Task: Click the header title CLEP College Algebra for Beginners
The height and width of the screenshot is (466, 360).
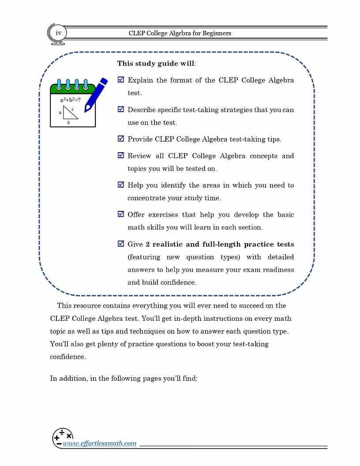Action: coord(180,33)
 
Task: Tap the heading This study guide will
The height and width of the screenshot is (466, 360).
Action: coord(156,64)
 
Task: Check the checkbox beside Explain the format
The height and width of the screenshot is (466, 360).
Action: coord(121,80)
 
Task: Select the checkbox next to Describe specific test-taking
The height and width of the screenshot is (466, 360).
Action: coord(121,109)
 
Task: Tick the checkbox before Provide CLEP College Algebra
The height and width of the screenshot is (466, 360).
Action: coord(121,139)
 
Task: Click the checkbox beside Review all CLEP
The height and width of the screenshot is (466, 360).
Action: coord(121,155)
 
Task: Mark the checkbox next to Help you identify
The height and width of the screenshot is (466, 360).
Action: coord(121,185)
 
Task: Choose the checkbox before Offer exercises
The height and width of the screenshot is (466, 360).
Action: coord(121,214)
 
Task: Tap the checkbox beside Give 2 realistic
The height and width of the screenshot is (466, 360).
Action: coord(121,244)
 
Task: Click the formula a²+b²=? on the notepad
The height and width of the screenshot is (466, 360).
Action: coord(70,100)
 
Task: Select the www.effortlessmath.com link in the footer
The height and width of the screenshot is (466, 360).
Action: coord(100,443)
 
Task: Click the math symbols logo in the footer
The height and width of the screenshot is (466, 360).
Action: coord(62,437)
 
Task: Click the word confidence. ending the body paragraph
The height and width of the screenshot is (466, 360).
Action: coord(67,357)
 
